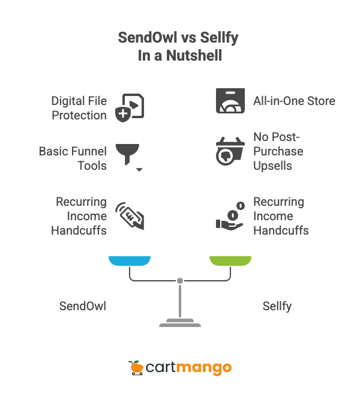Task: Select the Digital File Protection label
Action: (x=79, y=108)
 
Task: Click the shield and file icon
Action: (x=128, y=107)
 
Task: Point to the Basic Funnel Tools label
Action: (x=73, y=158)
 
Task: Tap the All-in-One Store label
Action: (x=294, y=101)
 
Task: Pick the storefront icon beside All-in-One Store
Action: (x=230, y=101)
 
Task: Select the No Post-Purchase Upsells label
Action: (x=278, y=151)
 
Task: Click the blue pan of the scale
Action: (x=129, y=260)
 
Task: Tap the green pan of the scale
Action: (x=230, y=260)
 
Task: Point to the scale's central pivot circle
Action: (x=179, y=281)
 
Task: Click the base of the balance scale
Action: (x=179, y=325)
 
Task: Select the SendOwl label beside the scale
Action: (x=83, y=306)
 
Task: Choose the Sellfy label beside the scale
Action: (x=277, y=306)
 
